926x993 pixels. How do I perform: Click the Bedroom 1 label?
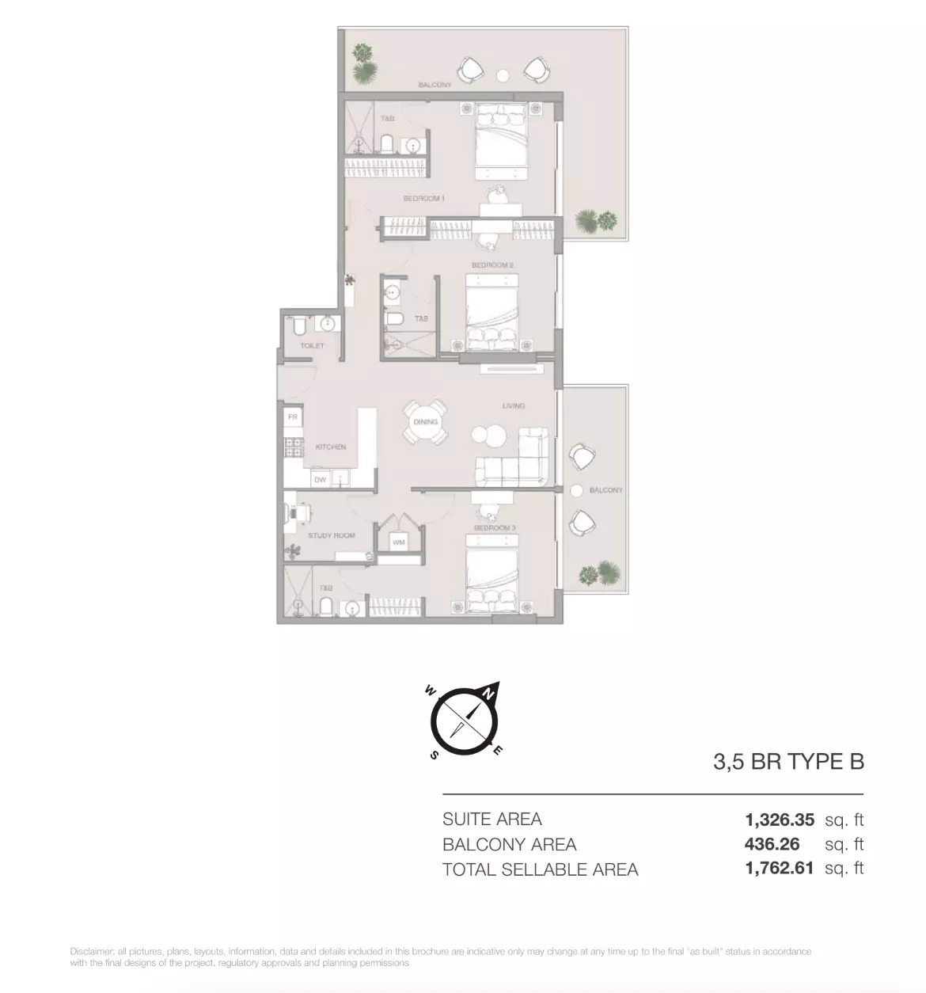point(423,198)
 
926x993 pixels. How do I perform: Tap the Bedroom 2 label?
point(492,265)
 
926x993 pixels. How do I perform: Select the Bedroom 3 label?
point(495,527)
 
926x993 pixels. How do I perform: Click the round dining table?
point(425,422)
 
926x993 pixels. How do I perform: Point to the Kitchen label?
point(330,447)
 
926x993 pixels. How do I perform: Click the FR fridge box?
point(293,417)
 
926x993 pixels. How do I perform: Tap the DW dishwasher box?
point(320,480)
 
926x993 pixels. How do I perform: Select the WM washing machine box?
point(399,542)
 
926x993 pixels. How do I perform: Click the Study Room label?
point(332,535)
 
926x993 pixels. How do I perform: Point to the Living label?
point(514,405)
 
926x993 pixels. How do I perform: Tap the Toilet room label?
point(312,345)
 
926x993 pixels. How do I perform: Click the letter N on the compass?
point(489,693)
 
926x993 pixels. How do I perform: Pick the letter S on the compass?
point(434,755)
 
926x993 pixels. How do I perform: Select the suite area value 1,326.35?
point(779,820)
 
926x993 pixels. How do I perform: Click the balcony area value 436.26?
point(772,844)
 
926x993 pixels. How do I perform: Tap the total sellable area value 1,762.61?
point(779,868)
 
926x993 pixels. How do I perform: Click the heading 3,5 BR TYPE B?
point(788,762)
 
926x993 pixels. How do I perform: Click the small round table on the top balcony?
point(503,75)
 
